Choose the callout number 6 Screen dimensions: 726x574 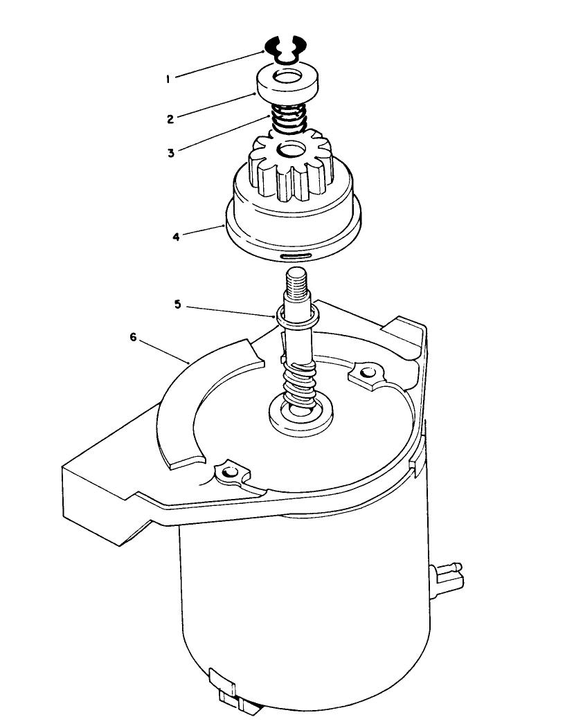click(x=133, y=337)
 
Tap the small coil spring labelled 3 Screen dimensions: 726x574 click(x=286, y=118)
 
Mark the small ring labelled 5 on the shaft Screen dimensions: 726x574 click(x=298, y=316)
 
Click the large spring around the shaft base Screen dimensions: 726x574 click(x=300, y=384)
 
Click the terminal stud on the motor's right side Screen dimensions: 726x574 click(x=449, y=574)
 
